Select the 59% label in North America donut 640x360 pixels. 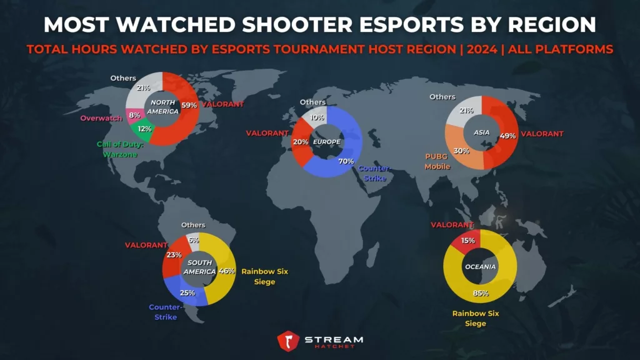[x=189, y=104]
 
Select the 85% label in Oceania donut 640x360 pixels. [x=480, y=292]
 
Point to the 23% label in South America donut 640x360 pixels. [x=174, y=254]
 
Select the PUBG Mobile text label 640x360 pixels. [x=437, y=162]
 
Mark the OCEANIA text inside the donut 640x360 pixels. [x=480, y=267]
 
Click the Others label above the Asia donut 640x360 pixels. [x=442, y=97]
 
